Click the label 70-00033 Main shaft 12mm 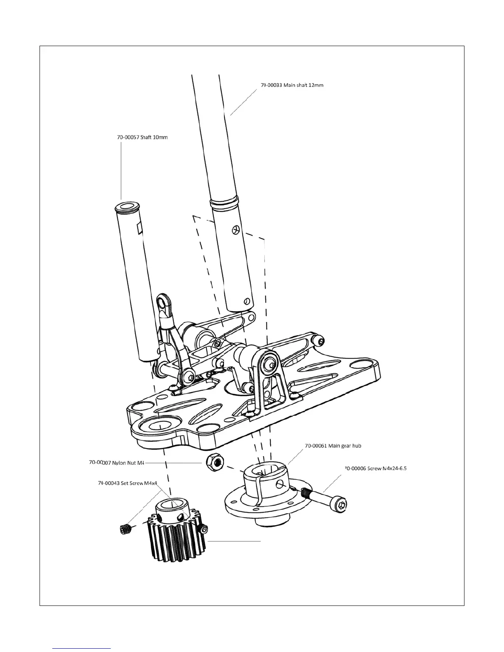tap(292, 85)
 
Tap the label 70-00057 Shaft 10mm tap(142, 137)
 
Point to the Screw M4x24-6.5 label tap(375, 468)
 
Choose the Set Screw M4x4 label tap(128, 483)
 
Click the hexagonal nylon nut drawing tap(213, 463)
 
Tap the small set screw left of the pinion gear tap(124, 529)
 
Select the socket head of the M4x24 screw tap(339, 504)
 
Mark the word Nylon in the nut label tap(112, 463)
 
